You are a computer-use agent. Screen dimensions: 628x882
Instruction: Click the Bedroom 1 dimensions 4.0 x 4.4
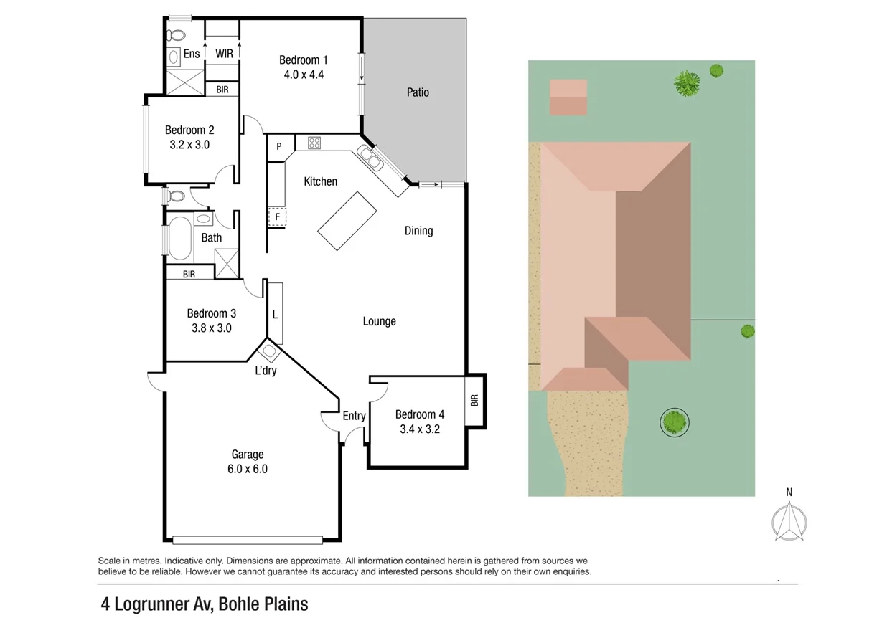pyautogui.click(x=304, y=74)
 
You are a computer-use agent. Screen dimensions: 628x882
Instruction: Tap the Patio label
pyautogui.click(x=418, y=92)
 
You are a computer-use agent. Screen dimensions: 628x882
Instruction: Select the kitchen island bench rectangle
pyautogui.click(x=348, y=221)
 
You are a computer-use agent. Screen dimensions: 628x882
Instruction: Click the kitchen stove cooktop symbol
pyautogui.click(x=314, y=143)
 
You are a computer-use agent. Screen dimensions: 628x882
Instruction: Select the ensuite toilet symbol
pyautogui.click(x=175, y=34)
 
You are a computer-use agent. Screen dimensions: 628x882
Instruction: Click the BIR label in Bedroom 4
pyautogui.click(x=474, y=401)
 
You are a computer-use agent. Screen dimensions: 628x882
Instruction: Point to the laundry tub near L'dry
pyautogui.click(x=269, y=352)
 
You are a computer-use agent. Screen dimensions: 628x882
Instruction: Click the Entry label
pyautogui.click(x=354, y=416)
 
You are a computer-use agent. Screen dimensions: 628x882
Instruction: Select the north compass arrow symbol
pyautogui.click(x=789, y=521)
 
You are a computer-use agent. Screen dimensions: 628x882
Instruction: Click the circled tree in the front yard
pyautogui.click(x=674, y=422)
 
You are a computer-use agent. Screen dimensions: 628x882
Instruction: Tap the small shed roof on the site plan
pyautogui.click(x=568, y=97)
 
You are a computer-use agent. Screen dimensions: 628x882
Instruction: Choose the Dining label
pyautogui.click(x=418, y=231)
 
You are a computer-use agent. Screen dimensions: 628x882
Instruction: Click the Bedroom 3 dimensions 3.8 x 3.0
pyautogui.click(x=211, y=328)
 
